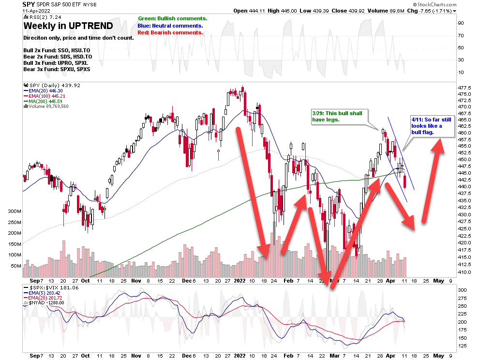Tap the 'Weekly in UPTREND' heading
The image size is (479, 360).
[x=68, y=26]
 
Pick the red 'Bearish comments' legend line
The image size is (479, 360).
[x=170, y=32]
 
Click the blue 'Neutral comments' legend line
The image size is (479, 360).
[x=170, y=25]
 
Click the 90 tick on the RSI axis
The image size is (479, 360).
[x=462, y=23]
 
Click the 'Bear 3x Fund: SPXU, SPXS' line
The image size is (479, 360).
[x=57, y=69]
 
